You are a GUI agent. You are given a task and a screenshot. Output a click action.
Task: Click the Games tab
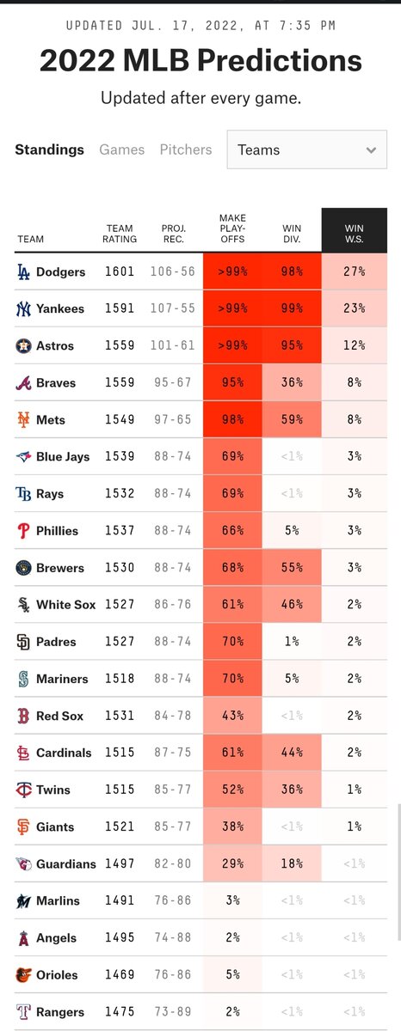[x=121, y=149]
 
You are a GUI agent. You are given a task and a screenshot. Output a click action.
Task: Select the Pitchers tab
[x=186, y=149]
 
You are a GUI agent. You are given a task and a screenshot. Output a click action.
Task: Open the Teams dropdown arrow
[x=371, y=150]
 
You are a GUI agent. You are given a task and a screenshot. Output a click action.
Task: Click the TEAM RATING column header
[x=120, y=234]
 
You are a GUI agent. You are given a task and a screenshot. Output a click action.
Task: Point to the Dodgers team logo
[x=23, y=271]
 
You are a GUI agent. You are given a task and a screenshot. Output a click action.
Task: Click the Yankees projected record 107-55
[x=173, y=308]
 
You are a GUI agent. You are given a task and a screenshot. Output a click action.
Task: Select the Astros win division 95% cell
[x=292, y=345]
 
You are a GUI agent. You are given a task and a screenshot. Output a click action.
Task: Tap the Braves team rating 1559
[x=120, y=382]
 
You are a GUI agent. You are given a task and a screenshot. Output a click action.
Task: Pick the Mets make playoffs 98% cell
[x=232, y=419]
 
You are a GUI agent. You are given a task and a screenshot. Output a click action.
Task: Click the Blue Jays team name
[x=63, y=456]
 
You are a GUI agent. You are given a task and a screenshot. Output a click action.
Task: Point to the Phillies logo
[x=23, y=531]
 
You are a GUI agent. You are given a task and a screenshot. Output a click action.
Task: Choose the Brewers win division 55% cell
[x=292, y=568]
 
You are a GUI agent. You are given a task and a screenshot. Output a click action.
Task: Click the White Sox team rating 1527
[x=120, y=604]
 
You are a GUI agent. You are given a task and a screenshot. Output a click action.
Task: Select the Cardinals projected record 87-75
[x=173, y=753]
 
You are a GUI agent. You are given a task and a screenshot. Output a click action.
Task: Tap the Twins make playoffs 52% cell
[x=232, y=790]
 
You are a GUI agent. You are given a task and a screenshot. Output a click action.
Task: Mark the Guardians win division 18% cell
[x=292, y=863]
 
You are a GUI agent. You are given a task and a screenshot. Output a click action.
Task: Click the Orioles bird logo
[x=23, y=974]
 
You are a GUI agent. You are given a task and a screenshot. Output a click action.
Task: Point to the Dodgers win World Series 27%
[x=354, y=271]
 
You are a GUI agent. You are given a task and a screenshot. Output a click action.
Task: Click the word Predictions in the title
[x=280, y=61]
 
